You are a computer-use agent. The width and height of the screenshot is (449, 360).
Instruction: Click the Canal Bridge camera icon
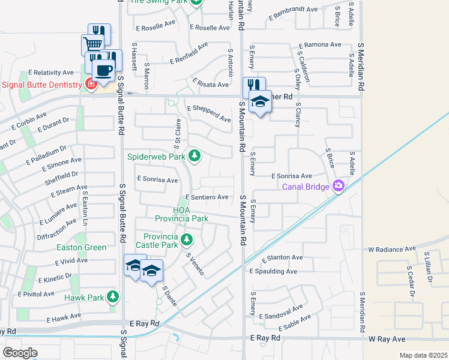(x=339, y=186)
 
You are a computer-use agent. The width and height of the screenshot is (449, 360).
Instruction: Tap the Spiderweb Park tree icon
(x=194, y=157)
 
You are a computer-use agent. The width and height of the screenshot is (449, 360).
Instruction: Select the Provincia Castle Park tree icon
(x=187, y=240)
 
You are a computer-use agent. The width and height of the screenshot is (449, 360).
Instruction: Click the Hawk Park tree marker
(x=112, y=296)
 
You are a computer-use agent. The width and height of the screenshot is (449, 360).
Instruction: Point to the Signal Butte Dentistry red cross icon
(x=91, y=85)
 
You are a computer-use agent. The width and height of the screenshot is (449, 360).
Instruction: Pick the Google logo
(x=20, y=352)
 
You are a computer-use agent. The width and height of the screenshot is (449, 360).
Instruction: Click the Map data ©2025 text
(x=423, y=355)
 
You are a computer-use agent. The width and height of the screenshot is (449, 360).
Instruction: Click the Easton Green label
(x=82, y=247)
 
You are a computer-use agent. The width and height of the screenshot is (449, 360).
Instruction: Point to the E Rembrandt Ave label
(x=294, y=10)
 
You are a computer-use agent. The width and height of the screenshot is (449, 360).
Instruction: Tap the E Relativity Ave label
(x=53, y=72)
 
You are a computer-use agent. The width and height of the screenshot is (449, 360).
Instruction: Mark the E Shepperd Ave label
(x=208, y=115)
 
